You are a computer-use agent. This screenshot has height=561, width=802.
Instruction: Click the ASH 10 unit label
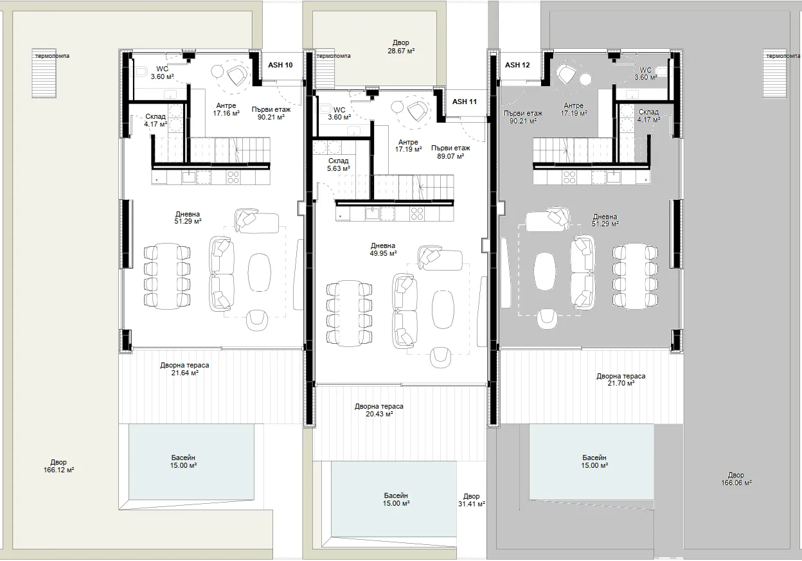click(280, 65)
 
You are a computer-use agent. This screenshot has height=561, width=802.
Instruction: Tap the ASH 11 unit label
click(465, 102)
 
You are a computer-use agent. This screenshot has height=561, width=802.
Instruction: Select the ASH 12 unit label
click(517, 65)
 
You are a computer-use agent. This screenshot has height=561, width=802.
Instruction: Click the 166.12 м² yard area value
click(58, 470)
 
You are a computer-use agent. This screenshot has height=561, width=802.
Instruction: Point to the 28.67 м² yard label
click(401, 47)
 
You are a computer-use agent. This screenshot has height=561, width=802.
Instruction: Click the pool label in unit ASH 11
click(396, 499)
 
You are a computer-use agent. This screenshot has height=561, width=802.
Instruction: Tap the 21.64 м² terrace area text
click(184, 373)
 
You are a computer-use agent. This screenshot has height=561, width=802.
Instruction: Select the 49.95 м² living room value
click(383, 253)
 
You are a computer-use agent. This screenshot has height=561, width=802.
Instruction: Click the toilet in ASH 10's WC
click(142, 73)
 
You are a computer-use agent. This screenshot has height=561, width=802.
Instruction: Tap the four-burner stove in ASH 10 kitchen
click(233, 177)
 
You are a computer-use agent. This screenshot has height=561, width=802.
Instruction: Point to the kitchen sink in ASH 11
click(372, 214)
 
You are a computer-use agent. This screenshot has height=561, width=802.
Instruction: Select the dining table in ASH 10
click(167, 276)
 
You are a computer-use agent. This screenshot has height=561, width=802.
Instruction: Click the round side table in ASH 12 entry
click(585, 79)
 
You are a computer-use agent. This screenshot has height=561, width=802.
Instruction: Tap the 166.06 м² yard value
click(736, 483)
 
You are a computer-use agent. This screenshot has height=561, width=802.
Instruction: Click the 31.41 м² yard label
click(471, 500)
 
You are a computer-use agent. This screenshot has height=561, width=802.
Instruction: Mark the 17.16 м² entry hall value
click(226, 114)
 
